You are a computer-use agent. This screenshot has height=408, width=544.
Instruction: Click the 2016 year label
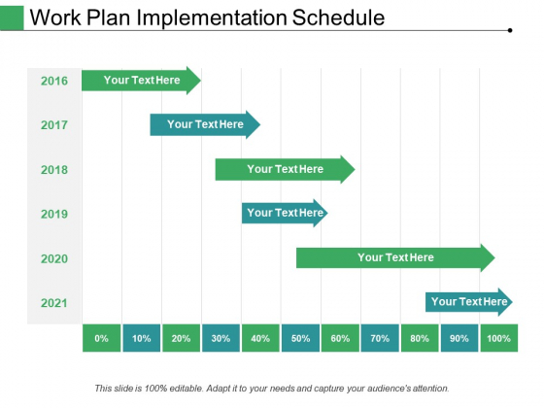pos(54,81)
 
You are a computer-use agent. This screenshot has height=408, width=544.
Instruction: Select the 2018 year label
pos(54,169)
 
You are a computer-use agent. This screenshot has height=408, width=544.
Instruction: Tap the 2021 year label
pos(54,303)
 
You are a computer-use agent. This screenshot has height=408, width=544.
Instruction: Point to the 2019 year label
pos(54,214)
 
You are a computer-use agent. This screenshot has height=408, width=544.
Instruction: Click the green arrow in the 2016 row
pos(141,81)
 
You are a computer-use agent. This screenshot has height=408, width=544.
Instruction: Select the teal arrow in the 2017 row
pos(205,124)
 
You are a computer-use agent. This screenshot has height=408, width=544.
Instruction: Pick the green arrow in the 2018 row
pos(285,169)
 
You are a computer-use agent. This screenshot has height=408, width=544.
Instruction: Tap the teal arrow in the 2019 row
pos(285,213)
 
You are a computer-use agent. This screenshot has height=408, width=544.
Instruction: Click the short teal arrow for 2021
pos(469,302)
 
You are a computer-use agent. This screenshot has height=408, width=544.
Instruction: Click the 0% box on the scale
pos(102,338)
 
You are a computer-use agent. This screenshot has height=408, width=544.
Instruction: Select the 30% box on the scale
pos(221,338)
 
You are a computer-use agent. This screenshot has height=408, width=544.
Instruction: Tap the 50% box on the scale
pos(301,338)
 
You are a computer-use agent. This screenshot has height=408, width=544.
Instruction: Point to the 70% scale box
pos(380,338)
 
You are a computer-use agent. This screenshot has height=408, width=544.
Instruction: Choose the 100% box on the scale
pos(499,338)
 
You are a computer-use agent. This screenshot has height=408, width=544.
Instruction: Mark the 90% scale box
pos(459,338)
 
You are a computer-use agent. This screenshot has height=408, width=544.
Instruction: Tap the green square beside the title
pos(13,17)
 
